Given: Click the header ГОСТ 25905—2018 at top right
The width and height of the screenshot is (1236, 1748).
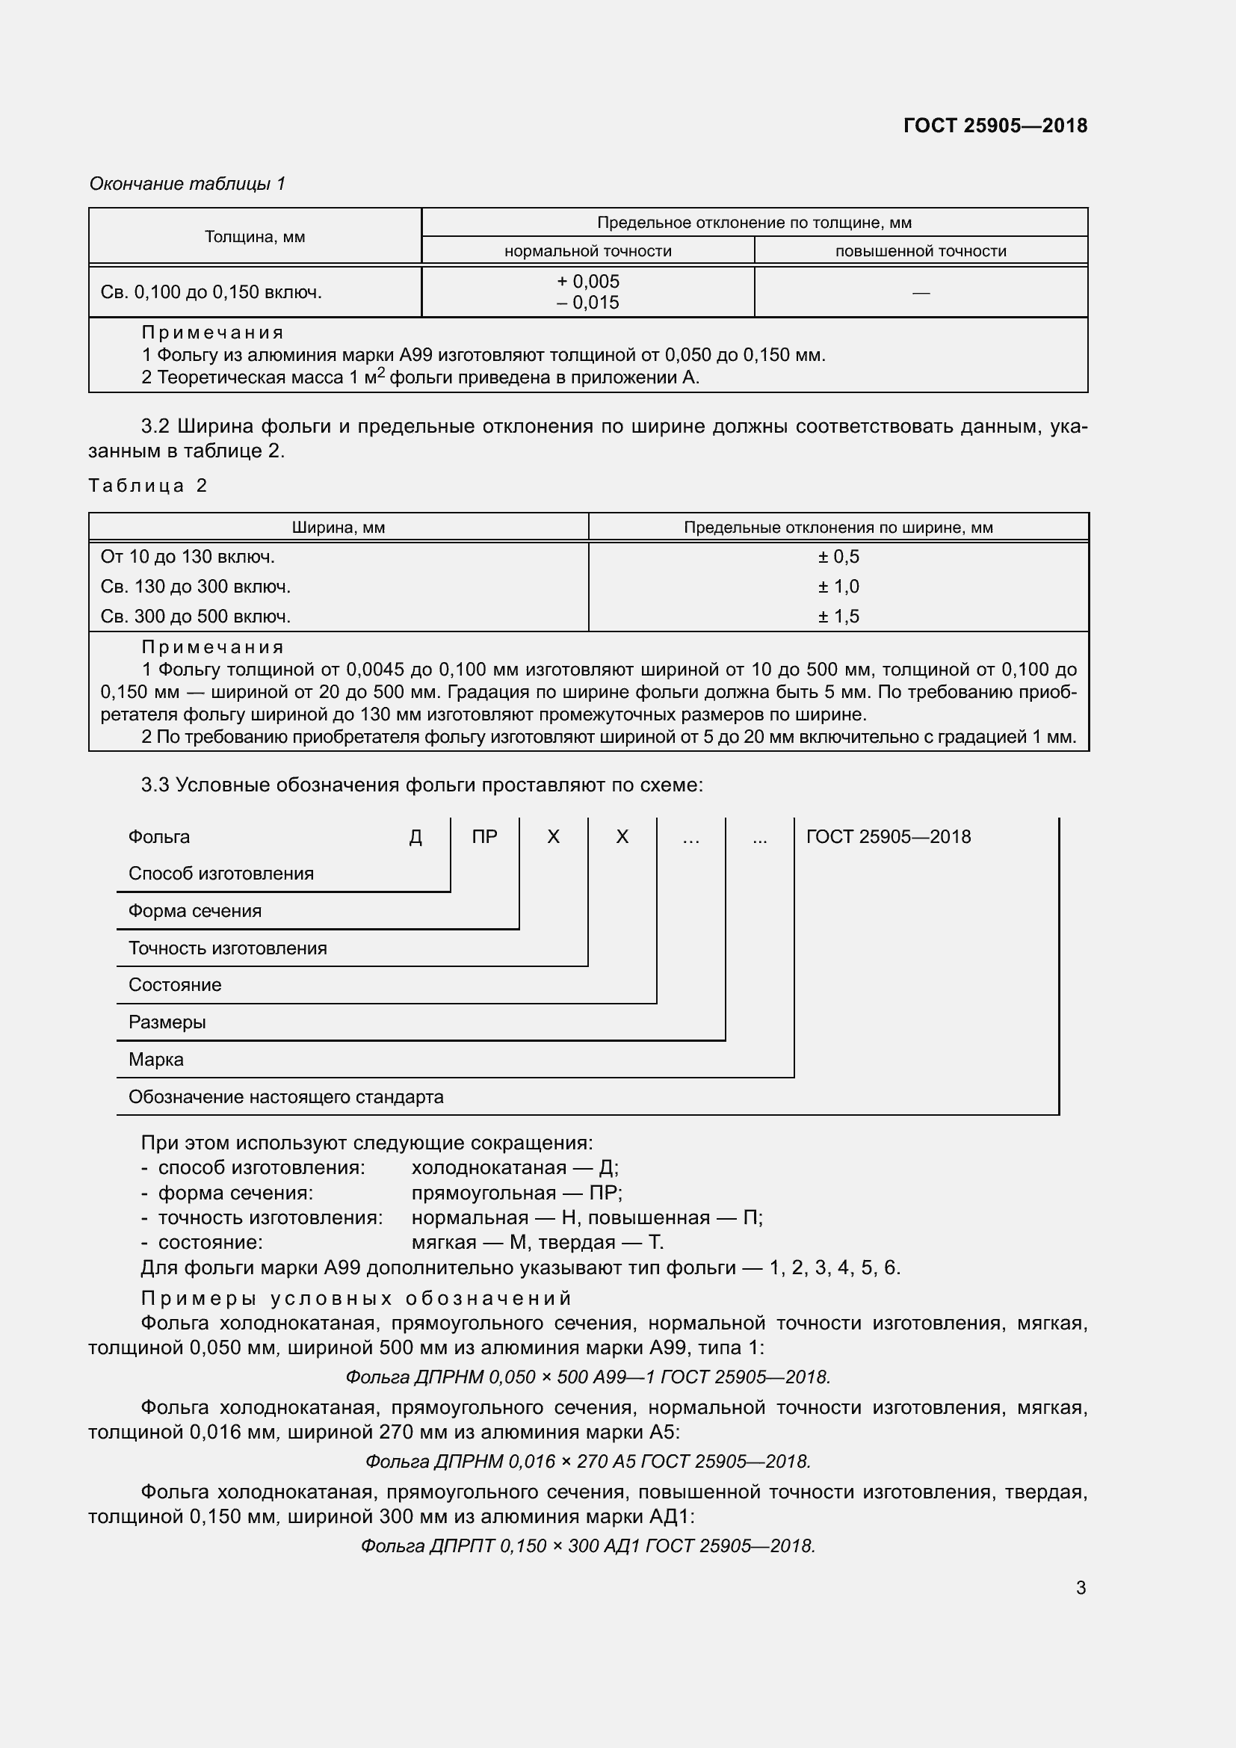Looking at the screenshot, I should point(995,126).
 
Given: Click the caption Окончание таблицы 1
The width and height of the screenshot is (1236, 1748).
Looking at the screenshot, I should point(188,184).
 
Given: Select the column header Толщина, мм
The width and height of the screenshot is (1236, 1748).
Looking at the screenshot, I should point(254,237).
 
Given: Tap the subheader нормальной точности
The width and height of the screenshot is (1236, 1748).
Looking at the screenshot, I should point(587,251).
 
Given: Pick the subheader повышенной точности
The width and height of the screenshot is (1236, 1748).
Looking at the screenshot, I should point(920,251).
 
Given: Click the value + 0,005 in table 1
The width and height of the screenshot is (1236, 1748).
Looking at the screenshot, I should point(587,281).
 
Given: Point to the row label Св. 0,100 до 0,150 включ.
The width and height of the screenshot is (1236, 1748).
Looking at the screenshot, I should point(211,292).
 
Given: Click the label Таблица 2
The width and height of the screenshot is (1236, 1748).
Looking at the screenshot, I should point(148,486).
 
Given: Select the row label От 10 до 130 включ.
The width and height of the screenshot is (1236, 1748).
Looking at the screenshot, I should point(188,557).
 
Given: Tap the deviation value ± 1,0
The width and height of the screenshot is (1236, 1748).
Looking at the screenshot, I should point(838,586).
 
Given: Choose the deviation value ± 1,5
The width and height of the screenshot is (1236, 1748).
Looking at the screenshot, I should point(838,616).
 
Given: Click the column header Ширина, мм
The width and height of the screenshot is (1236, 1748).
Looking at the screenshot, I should point(338,528).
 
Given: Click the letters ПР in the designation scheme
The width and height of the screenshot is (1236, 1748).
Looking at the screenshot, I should point(484,837).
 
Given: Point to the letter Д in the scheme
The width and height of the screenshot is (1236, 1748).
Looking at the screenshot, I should point(415,837).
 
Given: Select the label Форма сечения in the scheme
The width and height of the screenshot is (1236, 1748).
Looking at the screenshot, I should point(195,910).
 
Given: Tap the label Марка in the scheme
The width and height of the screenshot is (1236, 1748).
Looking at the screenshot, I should point(156,1059).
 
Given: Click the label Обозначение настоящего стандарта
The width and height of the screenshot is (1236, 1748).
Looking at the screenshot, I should point(285,1096).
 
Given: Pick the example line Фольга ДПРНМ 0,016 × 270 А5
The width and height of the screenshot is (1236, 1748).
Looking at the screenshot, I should point(587,1461).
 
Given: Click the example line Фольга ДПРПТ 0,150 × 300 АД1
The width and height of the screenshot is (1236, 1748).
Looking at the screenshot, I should point(587,1545).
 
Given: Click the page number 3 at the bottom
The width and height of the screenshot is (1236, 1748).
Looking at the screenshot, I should point(1080,1587).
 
